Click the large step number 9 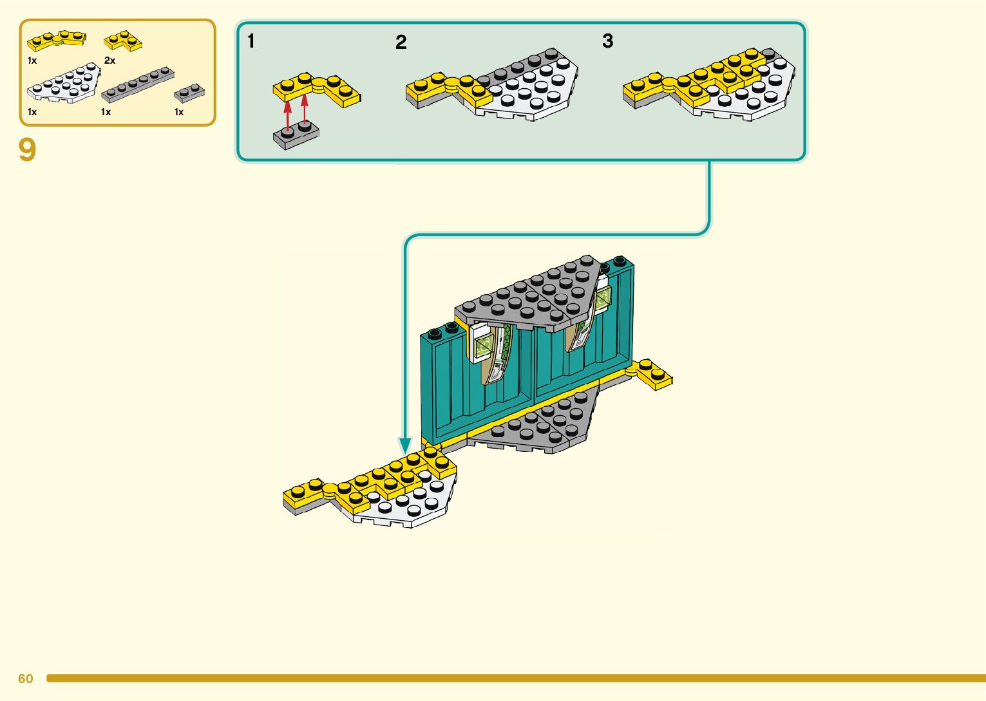click(x=27, y=150)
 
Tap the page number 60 click(x=25, y=678)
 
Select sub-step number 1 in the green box click(x=251, y=41)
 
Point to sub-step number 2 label click(x=401, y=42)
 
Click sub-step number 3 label click(x=607, y=41)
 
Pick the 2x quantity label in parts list click(x=109, y=61)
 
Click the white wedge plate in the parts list click(x=64, y=84)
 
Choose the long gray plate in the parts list click(x=137, y=84)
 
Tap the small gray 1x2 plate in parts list click(x=189, y=93)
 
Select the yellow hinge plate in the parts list click(x=56, y=40)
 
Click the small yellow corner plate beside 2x click(x=123, y=41)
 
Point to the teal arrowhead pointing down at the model click(x=405, y=445)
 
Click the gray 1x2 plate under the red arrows click(x=296, y=136)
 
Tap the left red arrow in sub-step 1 click(x=288, y=113)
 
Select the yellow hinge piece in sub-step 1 click(x=316, y=88)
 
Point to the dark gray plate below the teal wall click(x=541, y=425)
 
